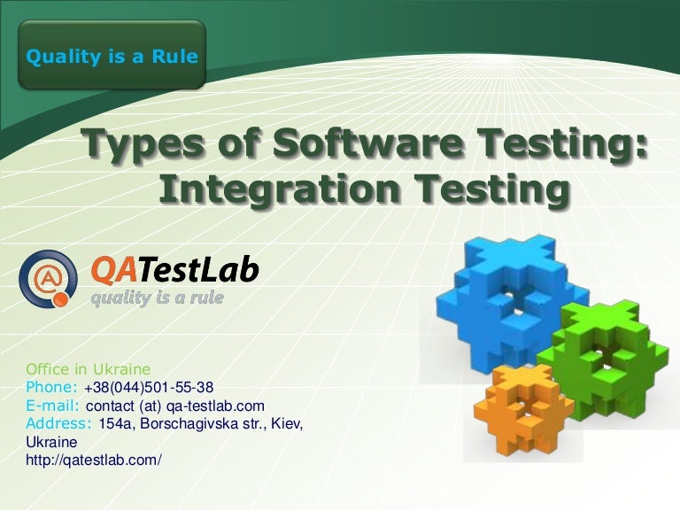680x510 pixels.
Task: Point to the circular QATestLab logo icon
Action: tap(48, 277)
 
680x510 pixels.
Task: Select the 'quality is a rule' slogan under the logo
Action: tap(158, 297)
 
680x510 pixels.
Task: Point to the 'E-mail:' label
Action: tap(54, 406)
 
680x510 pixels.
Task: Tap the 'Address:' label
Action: tap(59, 423)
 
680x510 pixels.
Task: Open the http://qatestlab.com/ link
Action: tap(95, 460)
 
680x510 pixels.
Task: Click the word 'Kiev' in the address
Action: tap(284, 423)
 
